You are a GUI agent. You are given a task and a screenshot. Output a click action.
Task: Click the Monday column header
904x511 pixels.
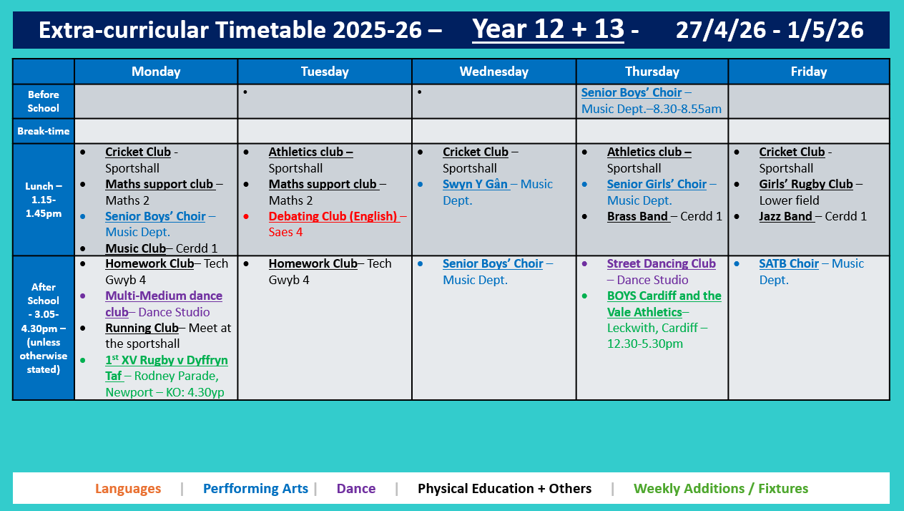156,72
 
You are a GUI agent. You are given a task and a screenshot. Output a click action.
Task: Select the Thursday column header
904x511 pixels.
652,72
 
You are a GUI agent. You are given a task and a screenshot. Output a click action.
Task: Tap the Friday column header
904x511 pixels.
808,72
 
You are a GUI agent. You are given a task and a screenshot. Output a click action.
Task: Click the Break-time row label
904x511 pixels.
44,131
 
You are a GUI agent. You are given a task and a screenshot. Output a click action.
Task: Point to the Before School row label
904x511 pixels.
44,101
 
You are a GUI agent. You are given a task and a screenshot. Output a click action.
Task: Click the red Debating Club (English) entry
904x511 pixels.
333,216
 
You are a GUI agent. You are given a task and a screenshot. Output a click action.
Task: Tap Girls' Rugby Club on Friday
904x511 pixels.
806,184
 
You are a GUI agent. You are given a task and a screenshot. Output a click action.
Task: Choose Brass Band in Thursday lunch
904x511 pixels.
638,216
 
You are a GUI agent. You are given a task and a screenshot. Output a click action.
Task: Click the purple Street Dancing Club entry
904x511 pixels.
661,263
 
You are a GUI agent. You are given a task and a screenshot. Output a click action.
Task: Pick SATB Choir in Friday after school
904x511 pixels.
789,263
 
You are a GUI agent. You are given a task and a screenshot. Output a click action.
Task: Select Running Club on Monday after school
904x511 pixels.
142,328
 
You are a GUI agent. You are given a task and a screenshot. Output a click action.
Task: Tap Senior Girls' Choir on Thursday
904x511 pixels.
657,184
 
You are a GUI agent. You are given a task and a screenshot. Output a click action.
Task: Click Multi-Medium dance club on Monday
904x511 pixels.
163,296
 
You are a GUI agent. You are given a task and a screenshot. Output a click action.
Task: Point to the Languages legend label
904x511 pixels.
128,489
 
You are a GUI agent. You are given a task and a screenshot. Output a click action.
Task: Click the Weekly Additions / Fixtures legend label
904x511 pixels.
721,489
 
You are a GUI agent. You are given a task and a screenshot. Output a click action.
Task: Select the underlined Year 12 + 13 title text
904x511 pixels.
548,29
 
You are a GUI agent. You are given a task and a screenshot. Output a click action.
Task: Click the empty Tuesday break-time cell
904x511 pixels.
325,131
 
